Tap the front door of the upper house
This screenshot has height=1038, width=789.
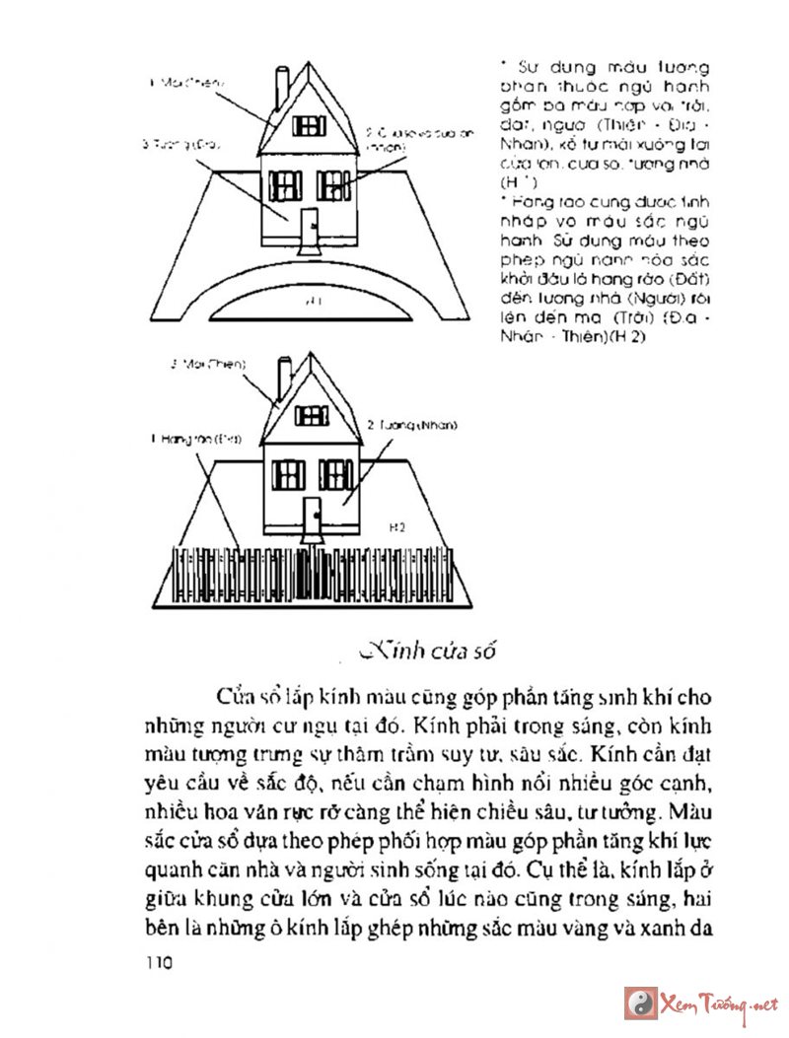[308, 228]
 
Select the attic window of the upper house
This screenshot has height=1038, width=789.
[310, 125]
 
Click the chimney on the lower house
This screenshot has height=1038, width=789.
[283, 381]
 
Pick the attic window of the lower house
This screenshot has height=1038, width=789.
[311, 415]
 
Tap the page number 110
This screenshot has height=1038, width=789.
[157, 962]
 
